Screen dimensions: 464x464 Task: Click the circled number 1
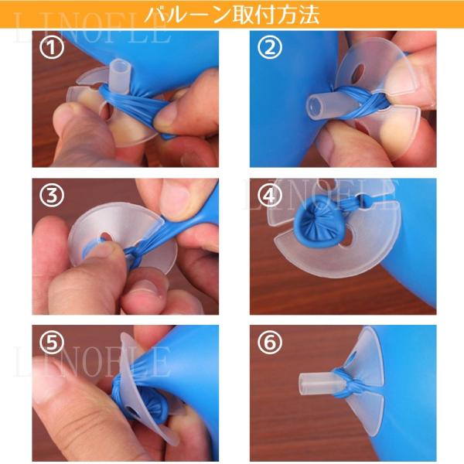(x=52, y=48)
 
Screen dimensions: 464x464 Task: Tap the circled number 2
(x=269, y=48)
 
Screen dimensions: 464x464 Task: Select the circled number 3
(x=52, y=196)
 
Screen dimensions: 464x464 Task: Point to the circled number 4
(x=269, y=196)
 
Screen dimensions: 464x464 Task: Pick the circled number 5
(x=52, y=343)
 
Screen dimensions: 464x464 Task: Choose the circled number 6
(x=269, y=343)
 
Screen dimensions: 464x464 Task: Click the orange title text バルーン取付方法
(x=232, y=15)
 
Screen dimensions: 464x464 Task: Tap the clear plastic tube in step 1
(x=120, y=77)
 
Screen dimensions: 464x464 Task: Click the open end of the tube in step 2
(x=315, y=106)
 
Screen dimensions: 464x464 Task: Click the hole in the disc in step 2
(x=359, y=71)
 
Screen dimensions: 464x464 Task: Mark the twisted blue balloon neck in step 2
(x=363, y=101)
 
